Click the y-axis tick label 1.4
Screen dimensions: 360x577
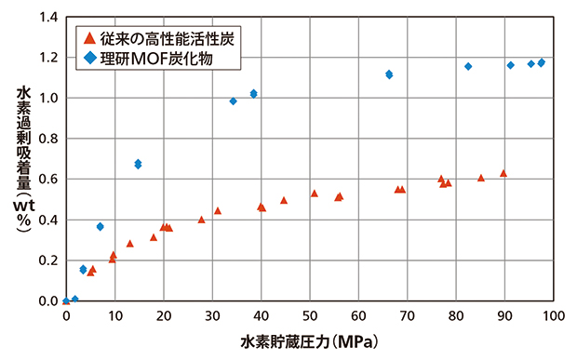(47, 17)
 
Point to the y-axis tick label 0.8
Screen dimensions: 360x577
(47, 139)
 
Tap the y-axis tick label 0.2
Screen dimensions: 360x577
(47, 260)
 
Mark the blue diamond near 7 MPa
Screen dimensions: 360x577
(100, 226)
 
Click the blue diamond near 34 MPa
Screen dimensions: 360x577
(233, 100)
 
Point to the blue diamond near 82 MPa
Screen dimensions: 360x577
(468, 66)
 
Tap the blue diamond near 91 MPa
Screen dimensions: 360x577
(510, 65)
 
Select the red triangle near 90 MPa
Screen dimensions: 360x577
(503, 173)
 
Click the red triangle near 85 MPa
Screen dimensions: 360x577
(481, 177)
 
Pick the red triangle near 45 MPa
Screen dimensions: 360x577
(284, 200)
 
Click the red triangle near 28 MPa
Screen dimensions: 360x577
(201, 220)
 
